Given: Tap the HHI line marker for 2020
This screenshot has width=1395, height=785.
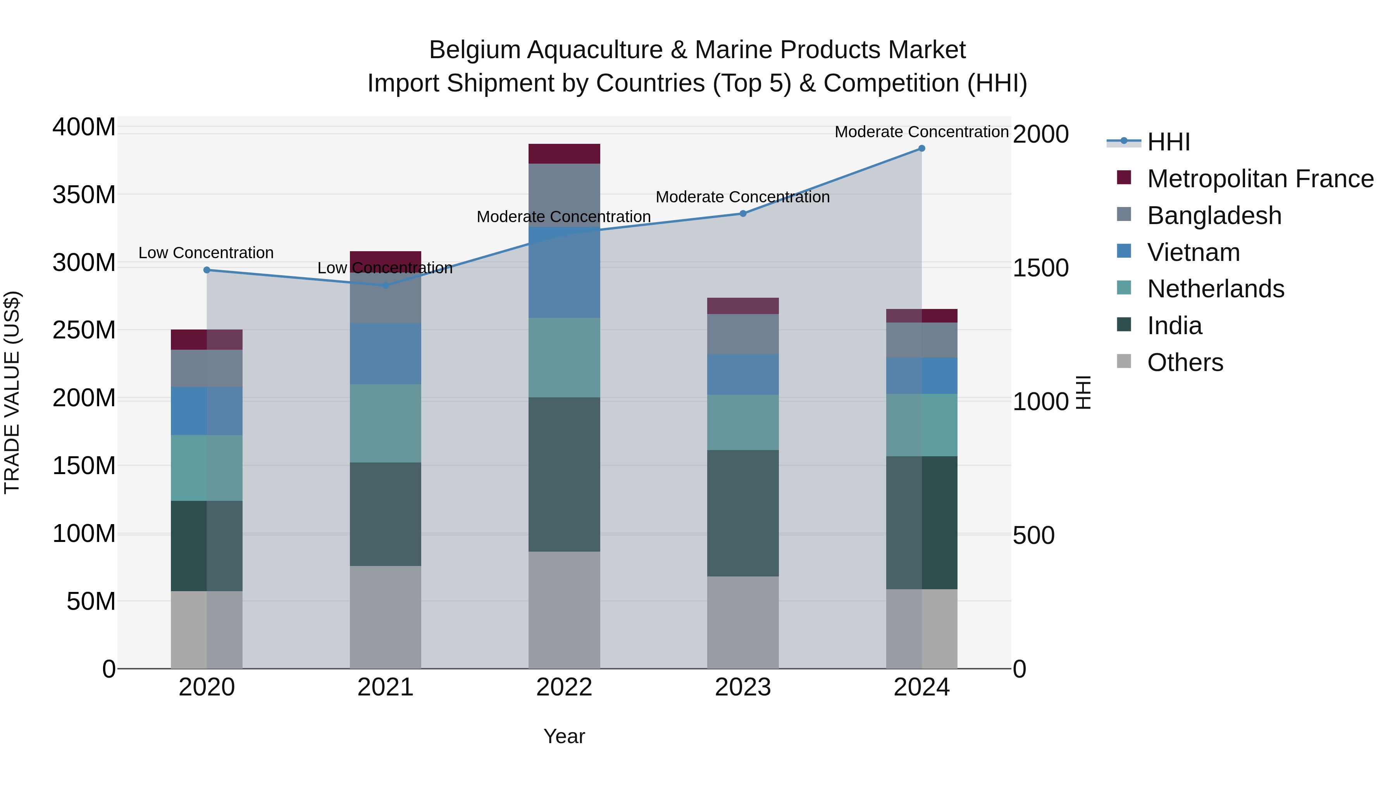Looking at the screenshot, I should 206,270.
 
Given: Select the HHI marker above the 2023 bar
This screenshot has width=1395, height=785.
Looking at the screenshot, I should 743,214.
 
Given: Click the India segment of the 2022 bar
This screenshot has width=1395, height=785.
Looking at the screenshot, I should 564,474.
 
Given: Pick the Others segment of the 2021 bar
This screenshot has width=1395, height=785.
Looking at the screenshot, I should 385,617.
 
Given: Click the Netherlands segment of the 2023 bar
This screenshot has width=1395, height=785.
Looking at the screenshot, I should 742,422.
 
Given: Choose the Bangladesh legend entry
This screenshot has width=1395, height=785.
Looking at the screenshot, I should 1214,216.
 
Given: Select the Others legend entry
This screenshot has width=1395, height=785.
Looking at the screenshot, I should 1185,362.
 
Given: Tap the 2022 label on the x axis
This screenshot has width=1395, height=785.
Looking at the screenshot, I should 564,687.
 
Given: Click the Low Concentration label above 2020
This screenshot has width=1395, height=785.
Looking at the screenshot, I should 206,253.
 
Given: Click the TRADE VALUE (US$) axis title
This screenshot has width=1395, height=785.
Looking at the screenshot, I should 12,392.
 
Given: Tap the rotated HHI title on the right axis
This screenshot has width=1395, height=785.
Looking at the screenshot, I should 1083,392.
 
